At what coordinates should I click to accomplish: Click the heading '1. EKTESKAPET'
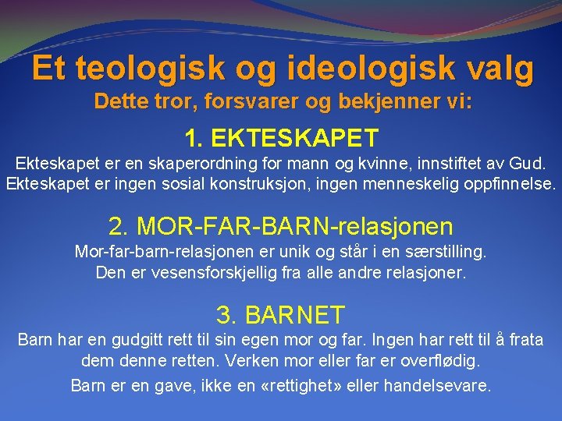281,138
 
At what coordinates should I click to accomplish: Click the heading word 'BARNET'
294,315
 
